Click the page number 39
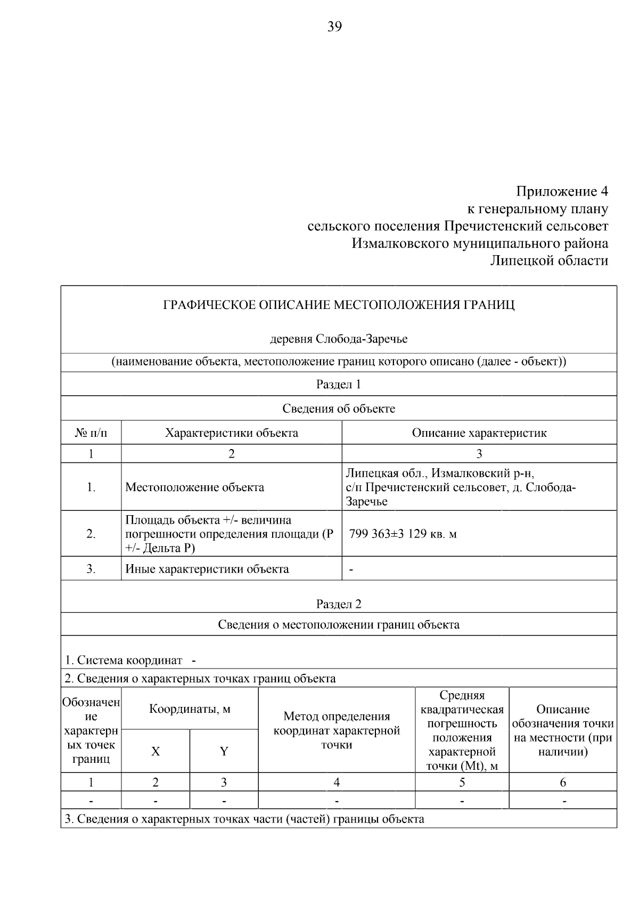click(334, 27)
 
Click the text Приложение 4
click(562, 191)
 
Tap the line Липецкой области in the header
click(549, 260)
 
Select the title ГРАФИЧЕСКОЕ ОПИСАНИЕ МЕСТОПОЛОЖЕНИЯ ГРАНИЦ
click(339, 305)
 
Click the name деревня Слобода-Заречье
click(339, 339)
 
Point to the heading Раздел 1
click(339, 384)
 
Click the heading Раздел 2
click(339, 604)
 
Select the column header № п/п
click(91, 433)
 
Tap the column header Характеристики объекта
click(231, 433)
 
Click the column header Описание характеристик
click(479, 433)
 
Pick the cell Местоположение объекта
click(194, 487)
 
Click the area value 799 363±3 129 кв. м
click(403, 534)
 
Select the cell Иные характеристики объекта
click(207, 569)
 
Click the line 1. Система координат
click(124, 660)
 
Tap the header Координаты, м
click(190, 709)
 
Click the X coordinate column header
click(155, 751)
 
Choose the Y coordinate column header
click(224, 751)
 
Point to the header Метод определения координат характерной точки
click(337, 730)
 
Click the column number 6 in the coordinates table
click(563, 782)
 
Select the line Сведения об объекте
click(339, 409)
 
